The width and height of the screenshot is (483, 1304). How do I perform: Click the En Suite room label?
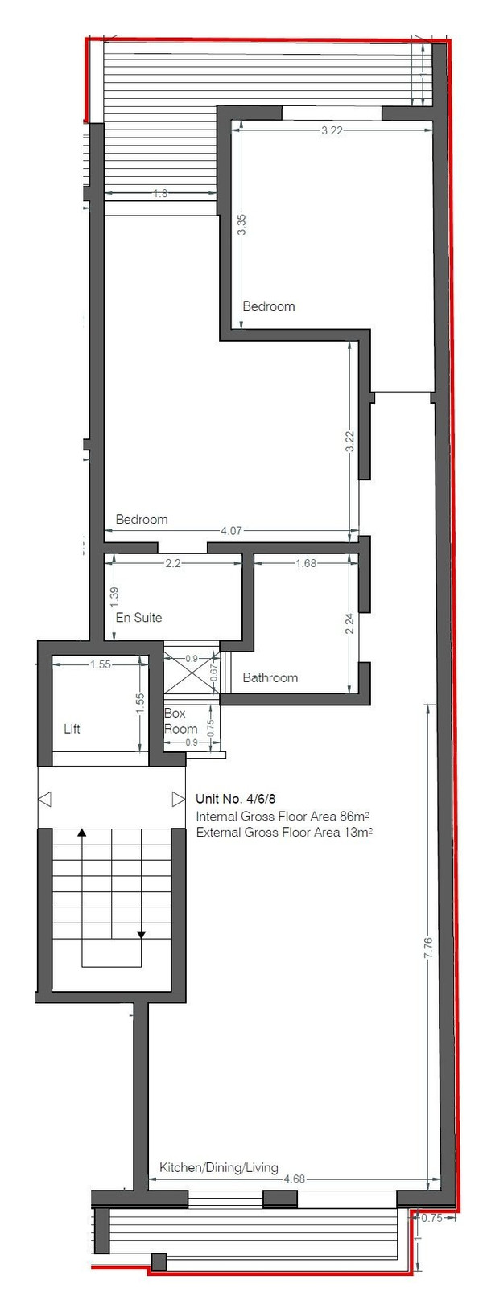click(x=138, y=618)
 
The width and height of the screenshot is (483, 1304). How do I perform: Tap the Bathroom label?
click(x=270, y=677)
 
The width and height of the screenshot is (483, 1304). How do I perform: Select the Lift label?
click(x=72, y=729)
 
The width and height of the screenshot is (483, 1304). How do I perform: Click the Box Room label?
click(x=180, y=721)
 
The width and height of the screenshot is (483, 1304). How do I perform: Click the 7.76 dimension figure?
click(x=428, y=948)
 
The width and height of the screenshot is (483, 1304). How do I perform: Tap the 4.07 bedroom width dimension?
click(x=231, y=531)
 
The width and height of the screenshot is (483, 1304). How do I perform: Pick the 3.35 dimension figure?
click(x=242, y=224)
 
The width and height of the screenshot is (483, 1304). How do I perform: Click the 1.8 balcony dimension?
click(x=160, y=193)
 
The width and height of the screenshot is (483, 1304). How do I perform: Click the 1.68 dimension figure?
click(x=306, y=563)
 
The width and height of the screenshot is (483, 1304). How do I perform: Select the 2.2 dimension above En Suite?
click(x=174, y=563)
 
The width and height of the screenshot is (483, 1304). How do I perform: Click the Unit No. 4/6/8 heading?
click(x=235, y=799)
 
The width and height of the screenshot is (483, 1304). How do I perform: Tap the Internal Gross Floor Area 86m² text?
click(x=284, y=816)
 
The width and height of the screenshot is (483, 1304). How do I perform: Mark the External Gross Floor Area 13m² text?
click(x=284, y=832)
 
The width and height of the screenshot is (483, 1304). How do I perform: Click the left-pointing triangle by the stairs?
click(x=45, y=799)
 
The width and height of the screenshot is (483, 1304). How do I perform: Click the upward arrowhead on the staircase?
click(x=81, y=833)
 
